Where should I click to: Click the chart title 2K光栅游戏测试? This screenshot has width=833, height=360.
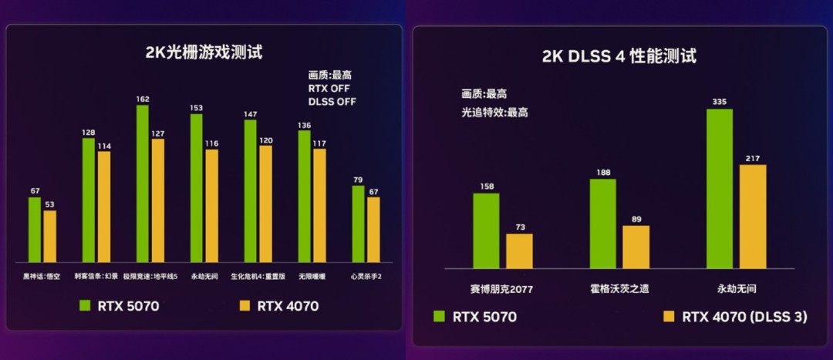204,53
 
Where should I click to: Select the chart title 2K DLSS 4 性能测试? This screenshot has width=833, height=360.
619,56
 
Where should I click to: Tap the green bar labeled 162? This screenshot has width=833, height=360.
143,183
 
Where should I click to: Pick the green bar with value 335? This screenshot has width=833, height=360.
719,189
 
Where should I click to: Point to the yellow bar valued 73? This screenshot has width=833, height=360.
519,251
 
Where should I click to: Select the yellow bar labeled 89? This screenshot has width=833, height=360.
636,247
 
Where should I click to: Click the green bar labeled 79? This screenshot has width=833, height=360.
359,224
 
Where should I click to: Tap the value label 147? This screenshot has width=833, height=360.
250,114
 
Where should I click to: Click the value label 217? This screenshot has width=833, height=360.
753,159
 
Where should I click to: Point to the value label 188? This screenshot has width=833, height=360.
602,173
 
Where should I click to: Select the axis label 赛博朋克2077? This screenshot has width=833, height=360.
501,289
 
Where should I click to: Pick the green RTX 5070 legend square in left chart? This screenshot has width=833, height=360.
86,305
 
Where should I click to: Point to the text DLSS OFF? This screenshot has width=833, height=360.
332,101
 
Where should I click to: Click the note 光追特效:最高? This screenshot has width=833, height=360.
494,112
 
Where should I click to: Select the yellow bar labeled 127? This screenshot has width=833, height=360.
158,200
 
